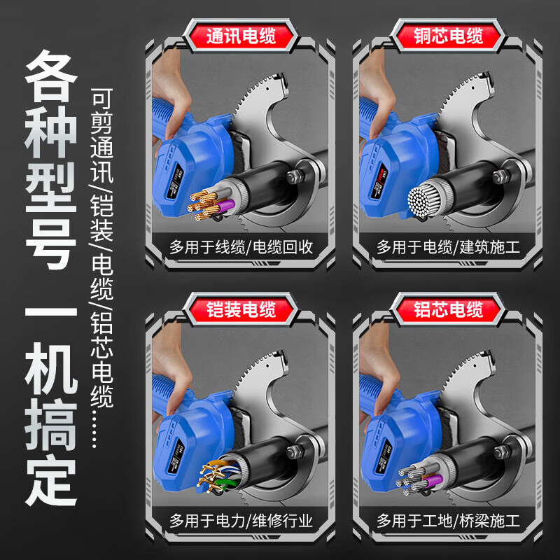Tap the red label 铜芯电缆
(x=448, y=36)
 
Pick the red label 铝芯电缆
(x=448, y=308)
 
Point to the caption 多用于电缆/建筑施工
(x=448, y=246)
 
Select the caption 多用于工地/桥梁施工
(x=448, y=520)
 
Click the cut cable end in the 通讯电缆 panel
(x=210, y=200)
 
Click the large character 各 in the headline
(x=51, y=80)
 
